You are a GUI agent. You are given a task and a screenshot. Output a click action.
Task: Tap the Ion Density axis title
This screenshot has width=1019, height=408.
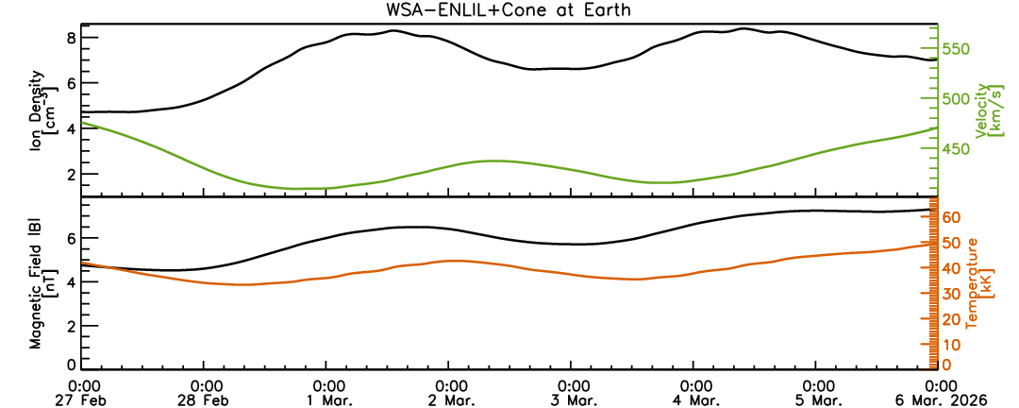43,111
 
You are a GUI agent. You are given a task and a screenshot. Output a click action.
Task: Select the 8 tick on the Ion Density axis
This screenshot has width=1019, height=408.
70,38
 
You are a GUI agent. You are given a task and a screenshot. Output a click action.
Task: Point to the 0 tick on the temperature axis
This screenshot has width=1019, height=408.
945,365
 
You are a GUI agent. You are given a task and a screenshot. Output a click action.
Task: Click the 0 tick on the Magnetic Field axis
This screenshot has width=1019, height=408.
70,365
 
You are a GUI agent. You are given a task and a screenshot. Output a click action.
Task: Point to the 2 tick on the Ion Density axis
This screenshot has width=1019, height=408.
70,174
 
